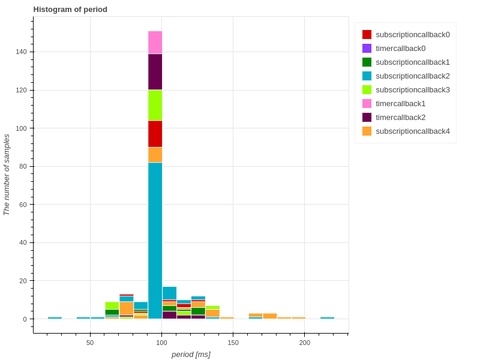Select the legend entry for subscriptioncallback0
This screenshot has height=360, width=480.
coord(412,35)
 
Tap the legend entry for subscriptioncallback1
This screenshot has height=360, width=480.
coord(412,62)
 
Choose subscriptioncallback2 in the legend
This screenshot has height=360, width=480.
coord(412,76)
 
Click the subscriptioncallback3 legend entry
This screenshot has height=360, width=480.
coord(412,90)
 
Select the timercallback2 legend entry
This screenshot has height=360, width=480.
coord(400,118)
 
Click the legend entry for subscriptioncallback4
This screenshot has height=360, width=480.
coord(412,131)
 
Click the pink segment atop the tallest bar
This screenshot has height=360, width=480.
coord(155,43)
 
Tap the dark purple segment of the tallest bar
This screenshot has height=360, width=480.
coord(155,72)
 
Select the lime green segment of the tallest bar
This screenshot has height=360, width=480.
coord(155,106)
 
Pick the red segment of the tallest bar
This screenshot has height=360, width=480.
coord(155,134)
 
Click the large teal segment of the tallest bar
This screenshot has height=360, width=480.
coord(155,240)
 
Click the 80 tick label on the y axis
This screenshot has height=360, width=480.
coord(25,167)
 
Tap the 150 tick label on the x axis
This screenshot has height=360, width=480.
coord(233,343)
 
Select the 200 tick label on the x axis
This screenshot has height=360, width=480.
coord(305,343)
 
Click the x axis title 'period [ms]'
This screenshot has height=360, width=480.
coord(191,355)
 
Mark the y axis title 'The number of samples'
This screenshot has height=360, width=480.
coord(7,175)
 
